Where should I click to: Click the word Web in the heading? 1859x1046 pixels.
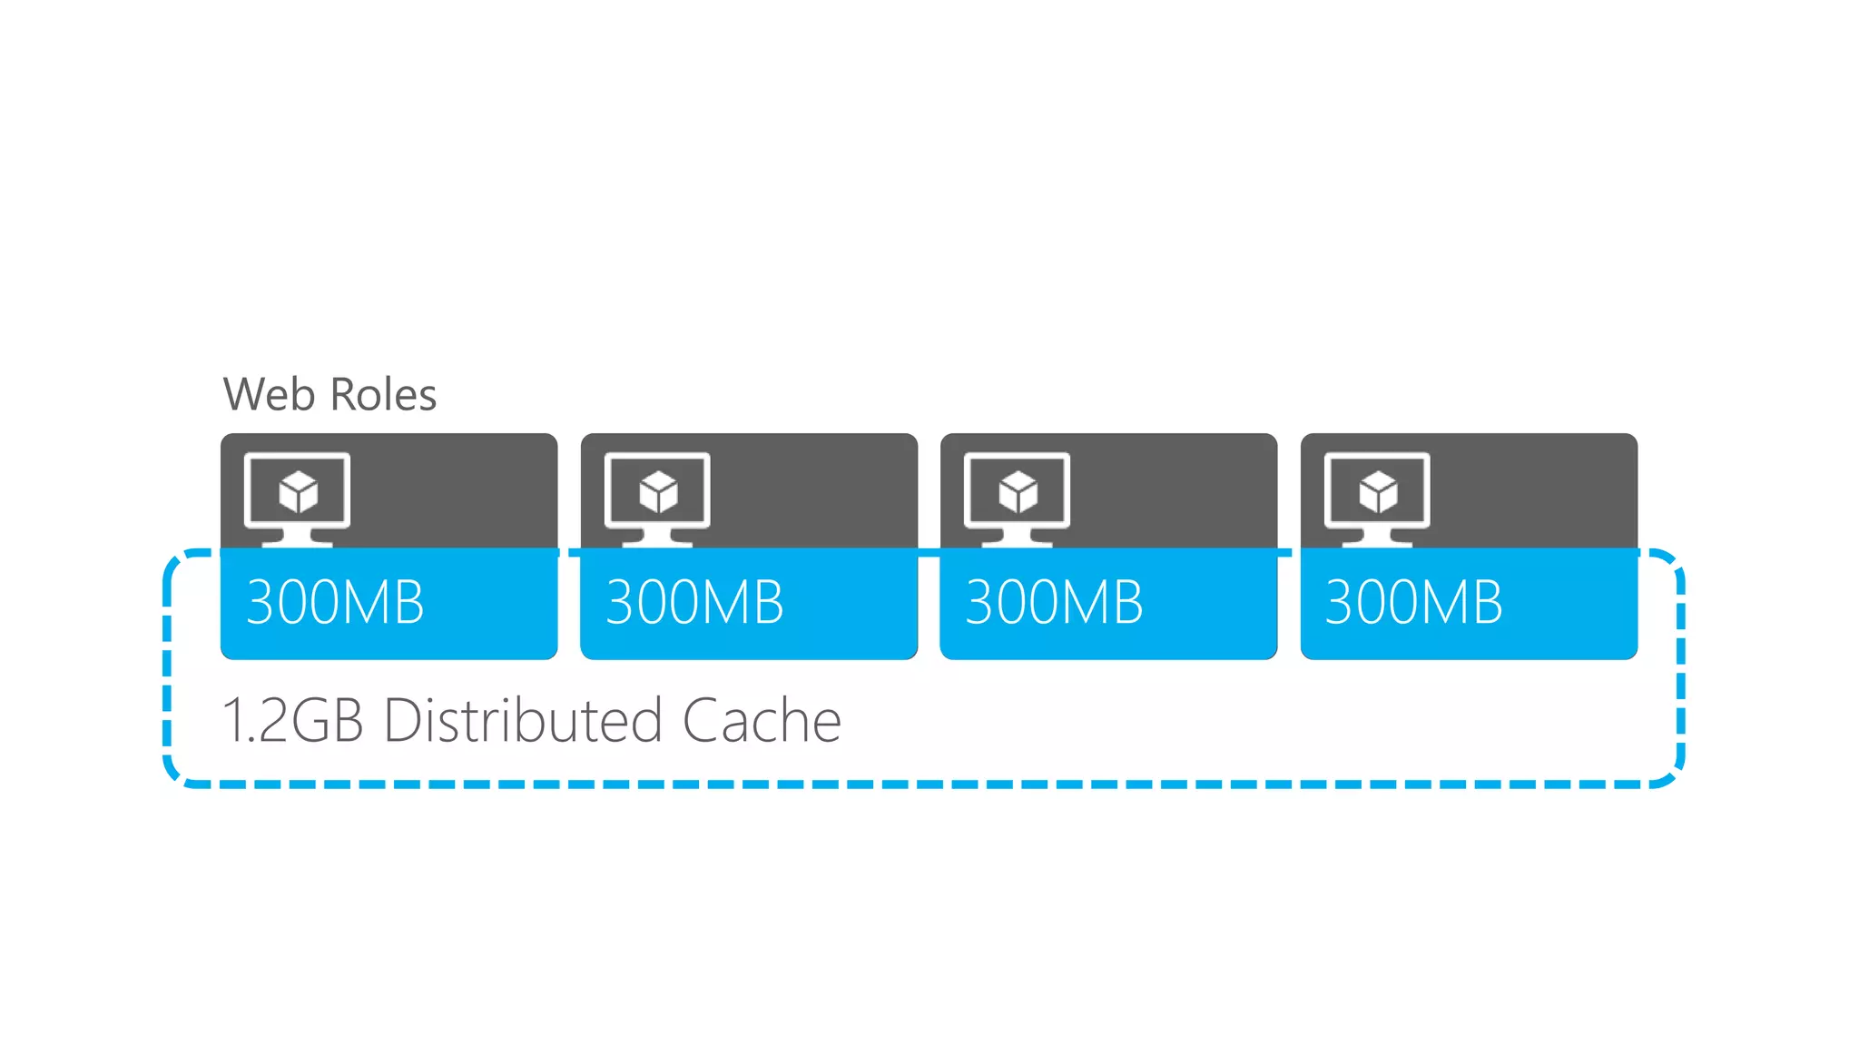[269, 395]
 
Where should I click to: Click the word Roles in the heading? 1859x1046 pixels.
[383, 395]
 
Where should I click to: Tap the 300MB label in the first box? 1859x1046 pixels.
[335, 603]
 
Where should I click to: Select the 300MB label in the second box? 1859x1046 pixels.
[694, 603]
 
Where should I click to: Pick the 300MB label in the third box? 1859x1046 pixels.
[1054, 603]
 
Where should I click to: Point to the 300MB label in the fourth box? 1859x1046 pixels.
[1413, 603]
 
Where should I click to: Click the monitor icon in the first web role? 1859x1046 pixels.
[298, 498]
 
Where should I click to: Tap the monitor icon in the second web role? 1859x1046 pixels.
[657, 498]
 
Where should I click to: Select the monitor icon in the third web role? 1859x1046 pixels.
[1017, 498]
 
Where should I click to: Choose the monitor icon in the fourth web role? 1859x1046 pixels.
[1377, 498]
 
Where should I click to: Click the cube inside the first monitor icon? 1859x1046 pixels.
[299, 492]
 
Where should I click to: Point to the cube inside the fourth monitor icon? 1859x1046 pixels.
[1378, 492]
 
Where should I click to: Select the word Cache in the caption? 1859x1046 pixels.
[762, 721]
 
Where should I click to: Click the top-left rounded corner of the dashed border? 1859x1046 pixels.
[176, 563]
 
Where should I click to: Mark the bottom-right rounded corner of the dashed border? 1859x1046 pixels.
[1670, 773]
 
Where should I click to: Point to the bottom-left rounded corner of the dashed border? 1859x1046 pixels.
[176, 773]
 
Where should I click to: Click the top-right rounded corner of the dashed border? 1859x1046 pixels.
[1670, 563]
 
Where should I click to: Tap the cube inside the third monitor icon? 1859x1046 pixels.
[1018, 492]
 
